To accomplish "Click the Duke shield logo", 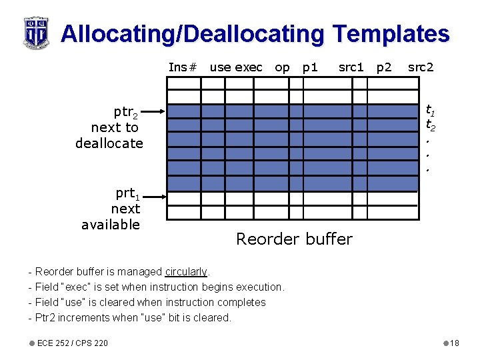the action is pos(35,32).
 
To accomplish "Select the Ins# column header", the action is pos(183,67).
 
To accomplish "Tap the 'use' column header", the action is pos(220,67).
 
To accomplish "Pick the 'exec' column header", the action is pos(249,67).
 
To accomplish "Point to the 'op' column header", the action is pos(282,67).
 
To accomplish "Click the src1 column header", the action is pos(351,67).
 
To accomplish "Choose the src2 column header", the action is pos(420,67).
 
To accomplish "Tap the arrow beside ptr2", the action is pos(153,112).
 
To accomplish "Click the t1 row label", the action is pos(431,111).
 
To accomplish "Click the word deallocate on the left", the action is pos(109,143).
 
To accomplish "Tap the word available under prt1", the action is pos(111,225).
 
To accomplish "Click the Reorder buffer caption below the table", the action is pos(294,239).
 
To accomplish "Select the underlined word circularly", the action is pos(186,272).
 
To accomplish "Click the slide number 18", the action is pos(455,343).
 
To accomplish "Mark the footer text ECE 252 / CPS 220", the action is pos(73,343).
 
